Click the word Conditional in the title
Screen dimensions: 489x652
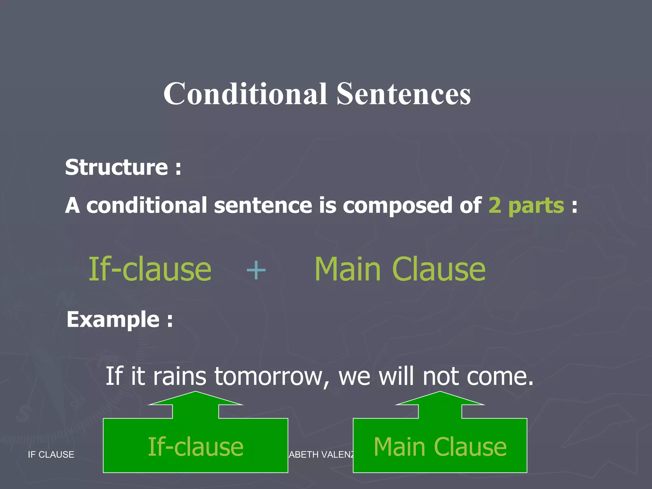[245, 94]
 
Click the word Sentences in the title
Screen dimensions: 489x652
[404, 94]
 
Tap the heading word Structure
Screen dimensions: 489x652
[117, 167]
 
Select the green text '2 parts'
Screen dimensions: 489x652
[526, 205]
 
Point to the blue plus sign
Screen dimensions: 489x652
[256, 270]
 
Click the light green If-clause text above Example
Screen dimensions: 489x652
[150, 270]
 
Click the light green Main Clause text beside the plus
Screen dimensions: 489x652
[400, 270]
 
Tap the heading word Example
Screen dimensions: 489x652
[113, 319]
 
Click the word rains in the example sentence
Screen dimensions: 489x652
[180, 376]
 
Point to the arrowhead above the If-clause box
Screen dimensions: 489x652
[195, 399]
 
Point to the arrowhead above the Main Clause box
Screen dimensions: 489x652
[440, 399]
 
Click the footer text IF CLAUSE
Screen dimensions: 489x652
[51, 455]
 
